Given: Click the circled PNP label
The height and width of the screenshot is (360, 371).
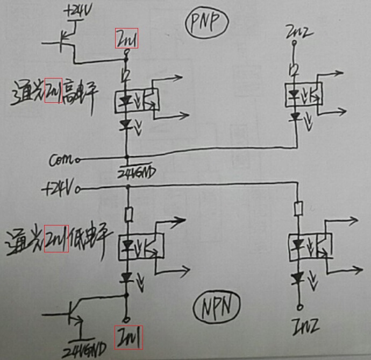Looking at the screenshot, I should pos(208,24).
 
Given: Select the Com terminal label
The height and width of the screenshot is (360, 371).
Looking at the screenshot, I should pos(61,159).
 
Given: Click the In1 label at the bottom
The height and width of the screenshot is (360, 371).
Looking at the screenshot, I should pos(128,337).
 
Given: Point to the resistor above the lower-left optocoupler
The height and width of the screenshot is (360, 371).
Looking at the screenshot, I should pos(129,215).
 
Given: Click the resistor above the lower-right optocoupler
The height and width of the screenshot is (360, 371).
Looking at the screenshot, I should pos(298,208).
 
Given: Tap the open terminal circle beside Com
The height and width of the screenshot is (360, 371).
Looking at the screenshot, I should pos(79,160).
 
